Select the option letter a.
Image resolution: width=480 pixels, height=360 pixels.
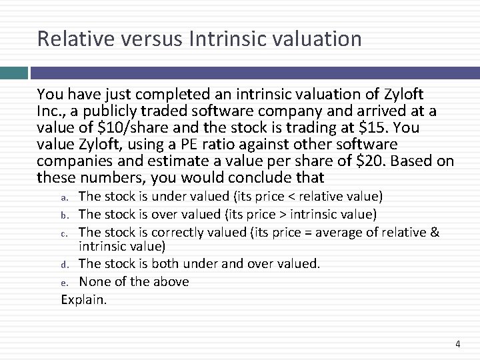click(65, 197)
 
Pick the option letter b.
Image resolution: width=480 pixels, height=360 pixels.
click(65, 215)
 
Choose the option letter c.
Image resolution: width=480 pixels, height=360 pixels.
click(65, 232)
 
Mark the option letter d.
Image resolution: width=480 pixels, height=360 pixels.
click(65, 265)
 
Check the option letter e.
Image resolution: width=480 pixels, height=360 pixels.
click(65, 282)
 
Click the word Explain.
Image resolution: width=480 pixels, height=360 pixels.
click(83, 299)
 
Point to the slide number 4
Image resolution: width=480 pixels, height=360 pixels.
click(457, 344)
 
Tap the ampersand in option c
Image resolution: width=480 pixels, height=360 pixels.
click(435, 231)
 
